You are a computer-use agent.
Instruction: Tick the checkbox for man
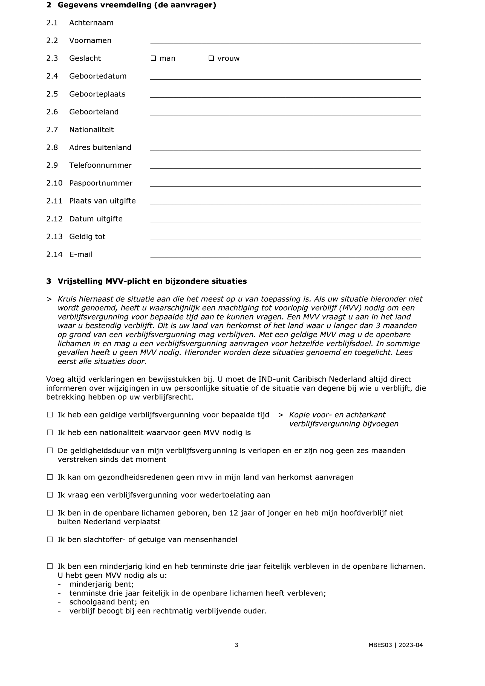(x=153, y=58)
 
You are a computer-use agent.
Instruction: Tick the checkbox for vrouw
(x=211, y=58)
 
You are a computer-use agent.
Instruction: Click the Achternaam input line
(x=285, y=23)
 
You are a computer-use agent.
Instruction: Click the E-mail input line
(x=285, y=255)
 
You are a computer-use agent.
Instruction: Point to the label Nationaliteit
(x=91, y=130)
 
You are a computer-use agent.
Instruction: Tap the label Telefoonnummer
(x=100, y=165)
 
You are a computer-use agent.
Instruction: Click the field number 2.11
(x=54, y=201)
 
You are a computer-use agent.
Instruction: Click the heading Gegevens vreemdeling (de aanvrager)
(x=137, y=5)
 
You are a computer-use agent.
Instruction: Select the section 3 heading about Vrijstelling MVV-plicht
(x=152, y=281)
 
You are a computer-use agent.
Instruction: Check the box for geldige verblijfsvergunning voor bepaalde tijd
(x=50, y=415)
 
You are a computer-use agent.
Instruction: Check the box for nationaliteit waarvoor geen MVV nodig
(x=50, y=433)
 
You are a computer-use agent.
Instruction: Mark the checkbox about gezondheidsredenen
(x=50, y=477)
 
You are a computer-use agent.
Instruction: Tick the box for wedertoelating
(x=50, y=495)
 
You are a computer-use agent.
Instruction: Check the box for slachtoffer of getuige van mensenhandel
(x=50, y=540)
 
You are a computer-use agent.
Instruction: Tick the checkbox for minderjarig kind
(x=50, y=566)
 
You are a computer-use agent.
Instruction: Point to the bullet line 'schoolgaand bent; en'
(x=109, y=602)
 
